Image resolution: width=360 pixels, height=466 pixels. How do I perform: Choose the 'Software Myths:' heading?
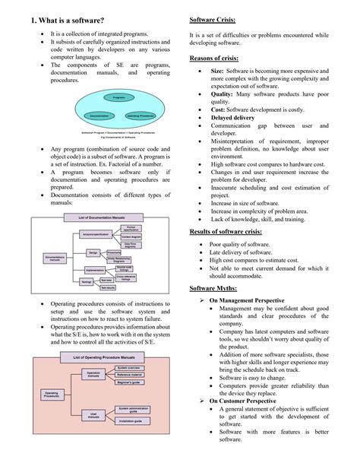218,288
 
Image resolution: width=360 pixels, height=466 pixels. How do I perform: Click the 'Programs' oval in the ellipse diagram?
119,97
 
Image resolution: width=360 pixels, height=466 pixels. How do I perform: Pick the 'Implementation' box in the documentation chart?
93,269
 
